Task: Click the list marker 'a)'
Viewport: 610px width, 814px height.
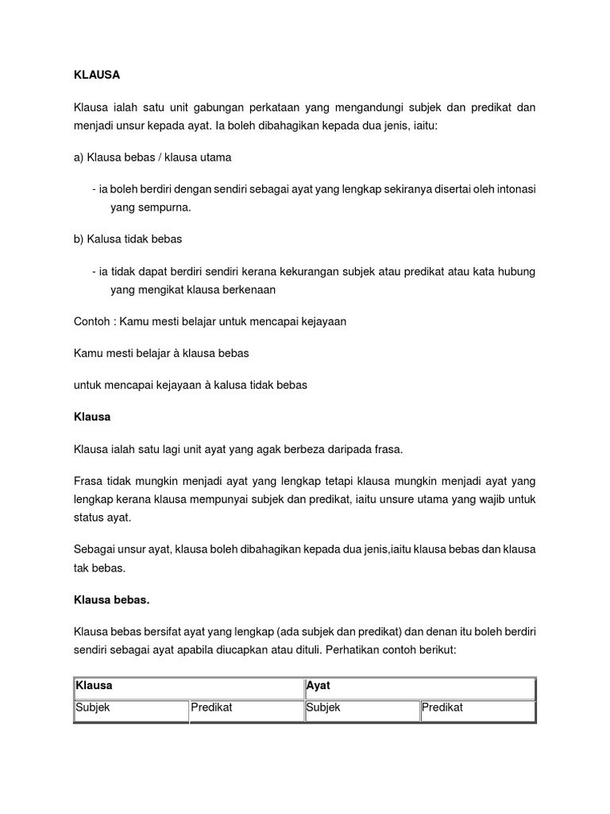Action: click(x=79, y=157)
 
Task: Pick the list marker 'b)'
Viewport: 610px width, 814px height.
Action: click(x=79, y=238)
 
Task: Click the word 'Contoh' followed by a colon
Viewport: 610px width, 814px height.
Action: click(x=91, y=321)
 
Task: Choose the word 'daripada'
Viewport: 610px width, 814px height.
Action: click(x=334, y=449)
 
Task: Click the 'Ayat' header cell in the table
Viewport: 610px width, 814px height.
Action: click(x=318, y=684)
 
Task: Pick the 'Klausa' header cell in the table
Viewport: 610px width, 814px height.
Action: click(x=94, y=684)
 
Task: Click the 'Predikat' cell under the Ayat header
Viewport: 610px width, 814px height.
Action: click(x=442, y=707)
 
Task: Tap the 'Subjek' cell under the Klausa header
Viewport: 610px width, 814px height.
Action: click(x=93, y=707)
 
